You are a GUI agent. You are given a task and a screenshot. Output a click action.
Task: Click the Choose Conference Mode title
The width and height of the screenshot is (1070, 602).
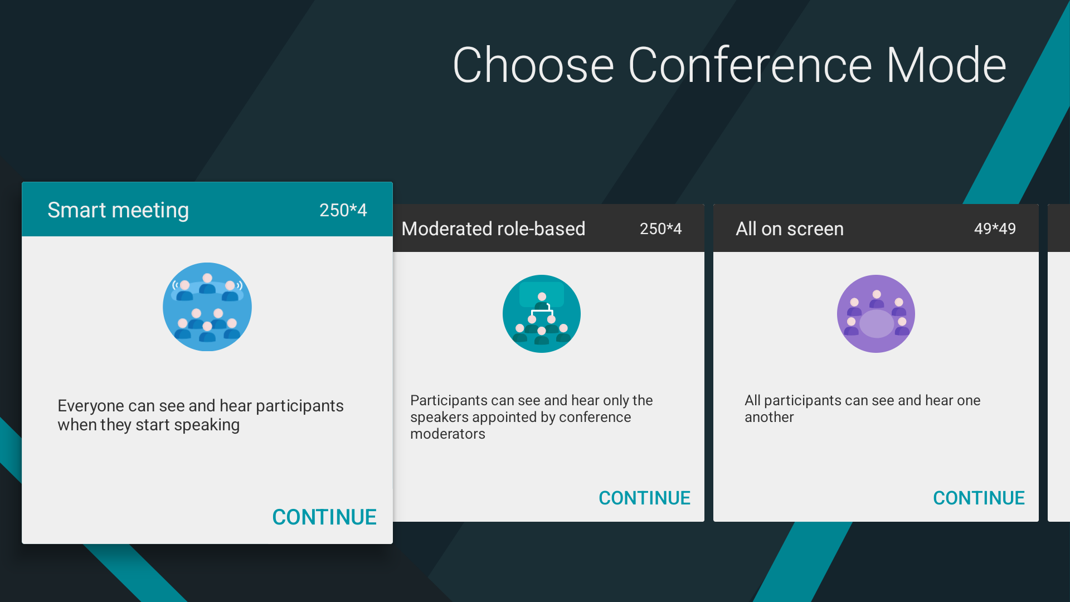pyautogui.click(x=729, y=66)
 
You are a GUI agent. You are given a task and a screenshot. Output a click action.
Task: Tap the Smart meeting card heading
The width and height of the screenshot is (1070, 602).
pyautogui.click(x=118, y=210)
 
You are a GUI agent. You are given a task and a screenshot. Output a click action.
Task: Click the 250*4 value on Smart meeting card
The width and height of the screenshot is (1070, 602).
pyautogui.click(x=343, y=210)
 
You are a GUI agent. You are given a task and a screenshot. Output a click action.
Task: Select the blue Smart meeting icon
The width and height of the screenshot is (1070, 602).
pyautogui.click(x=207, y=307)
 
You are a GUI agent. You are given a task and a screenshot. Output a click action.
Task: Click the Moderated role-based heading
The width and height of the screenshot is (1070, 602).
pyautogui.click(x=493, y=229)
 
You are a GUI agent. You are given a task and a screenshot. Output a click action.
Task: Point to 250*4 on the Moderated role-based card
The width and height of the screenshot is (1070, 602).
pyautogui.click(x=660, y=229)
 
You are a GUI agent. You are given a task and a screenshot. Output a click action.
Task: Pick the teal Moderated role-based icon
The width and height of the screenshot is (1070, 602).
pyautogui.click(x=542, y=314)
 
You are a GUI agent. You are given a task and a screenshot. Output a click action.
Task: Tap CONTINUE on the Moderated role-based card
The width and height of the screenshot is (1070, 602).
pyautogui.click(x=644, y=498)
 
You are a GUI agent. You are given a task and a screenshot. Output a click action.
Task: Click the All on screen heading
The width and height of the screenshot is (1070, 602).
pyautogui.click(x=790, y=229)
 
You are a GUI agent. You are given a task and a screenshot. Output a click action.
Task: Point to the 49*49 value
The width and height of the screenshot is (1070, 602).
pyautogui.click(x=995, y=229)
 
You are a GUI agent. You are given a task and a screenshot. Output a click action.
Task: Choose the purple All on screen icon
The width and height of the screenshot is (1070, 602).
pyautogui.click(x=876, y=314)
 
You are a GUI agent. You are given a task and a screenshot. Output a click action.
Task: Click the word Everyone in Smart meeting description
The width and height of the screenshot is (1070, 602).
pyautogui.click(x=91, y=406)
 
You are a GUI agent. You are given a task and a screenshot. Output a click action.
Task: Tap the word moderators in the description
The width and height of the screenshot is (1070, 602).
pyautogui.click(x=448, y=434)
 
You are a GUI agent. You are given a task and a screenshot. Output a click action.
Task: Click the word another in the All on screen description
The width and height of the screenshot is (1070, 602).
pyautogui.click(x=769, y=417)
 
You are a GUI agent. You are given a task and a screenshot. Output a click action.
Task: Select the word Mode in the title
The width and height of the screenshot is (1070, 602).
pyautogui.click(x=946, y=66)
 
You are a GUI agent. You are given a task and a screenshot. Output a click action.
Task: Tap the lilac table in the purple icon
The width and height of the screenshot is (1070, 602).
pyautogui.click(x=877, y=324)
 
